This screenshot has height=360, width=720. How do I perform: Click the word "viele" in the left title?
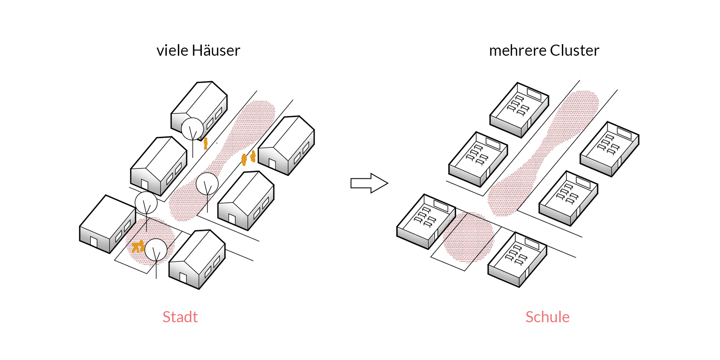point(172,51)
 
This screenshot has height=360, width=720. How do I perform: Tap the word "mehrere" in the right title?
point(517,51)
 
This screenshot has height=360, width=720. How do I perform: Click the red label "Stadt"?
point(180,317)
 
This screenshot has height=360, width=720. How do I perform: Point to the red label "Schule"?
point(547,317)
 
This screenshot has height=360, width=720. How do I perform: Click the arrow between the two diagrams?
point(369,183)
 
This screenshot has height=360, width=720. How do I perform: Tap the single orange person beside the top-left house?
point(206,143)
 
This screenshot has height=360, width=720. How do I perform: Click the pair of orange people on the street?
point(249,158)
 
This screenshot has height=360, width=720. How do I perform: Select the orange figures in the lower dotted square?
point(138,246)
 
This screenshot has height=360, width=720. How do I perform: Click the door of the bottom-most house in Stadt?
point(183,277)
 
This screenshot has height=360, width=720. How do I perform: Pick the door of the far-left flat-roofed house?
point(94,242)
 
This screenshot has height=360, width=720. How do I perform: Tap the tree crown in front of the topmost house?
point(192,129)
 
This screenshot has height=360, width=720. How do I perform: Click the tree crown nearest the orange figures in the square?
point(156,249)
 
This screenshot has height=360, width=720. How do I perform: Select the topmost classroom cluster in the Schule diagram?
point(519,109)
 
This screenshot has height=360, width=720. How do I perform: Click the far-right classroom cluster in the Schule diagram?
point(609,148)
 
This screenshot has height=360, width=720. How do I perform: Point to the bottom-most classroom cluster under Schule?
point(517,259)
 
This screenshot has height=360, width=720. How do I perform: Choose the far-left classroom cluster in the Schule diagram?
point(426,221)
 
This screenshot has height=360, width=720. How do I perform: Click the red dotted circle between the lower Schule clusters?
point(468,237)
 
